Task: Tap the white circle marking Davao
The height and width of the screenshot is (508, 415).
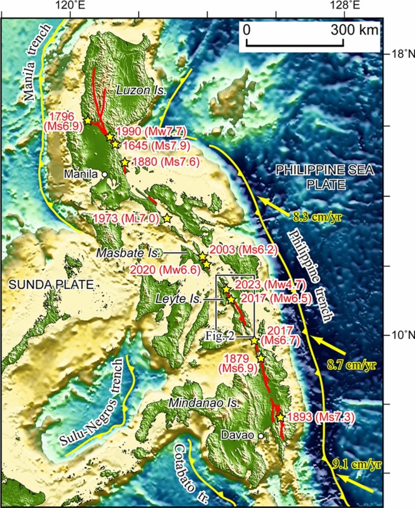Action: coord(261,436)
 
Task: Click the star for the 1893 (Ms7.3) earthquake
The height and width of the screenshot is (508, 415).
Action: coord(281,418)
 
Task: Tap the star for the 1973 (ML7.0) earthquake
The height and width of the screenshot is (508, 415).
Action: coord(167,218)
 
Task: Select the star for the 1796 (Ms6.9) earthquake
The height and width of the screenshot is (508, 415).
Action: coord(88,121)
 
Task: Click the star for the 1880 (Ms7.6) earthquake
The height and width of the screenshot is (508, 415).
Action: coord(124,162)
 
